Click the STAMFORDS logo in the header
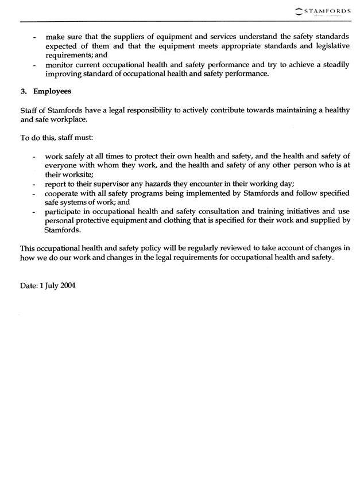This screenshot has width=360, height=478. (x=324, y=10)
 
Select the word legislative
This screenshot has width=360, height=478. (x=325, y=46)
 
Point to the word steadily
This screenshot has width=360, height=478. (x=330, y=65)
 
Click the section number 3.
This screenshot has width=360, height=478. (x=24, y=91)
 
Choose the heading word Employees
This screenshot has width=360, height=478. (x=52, y=91)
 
